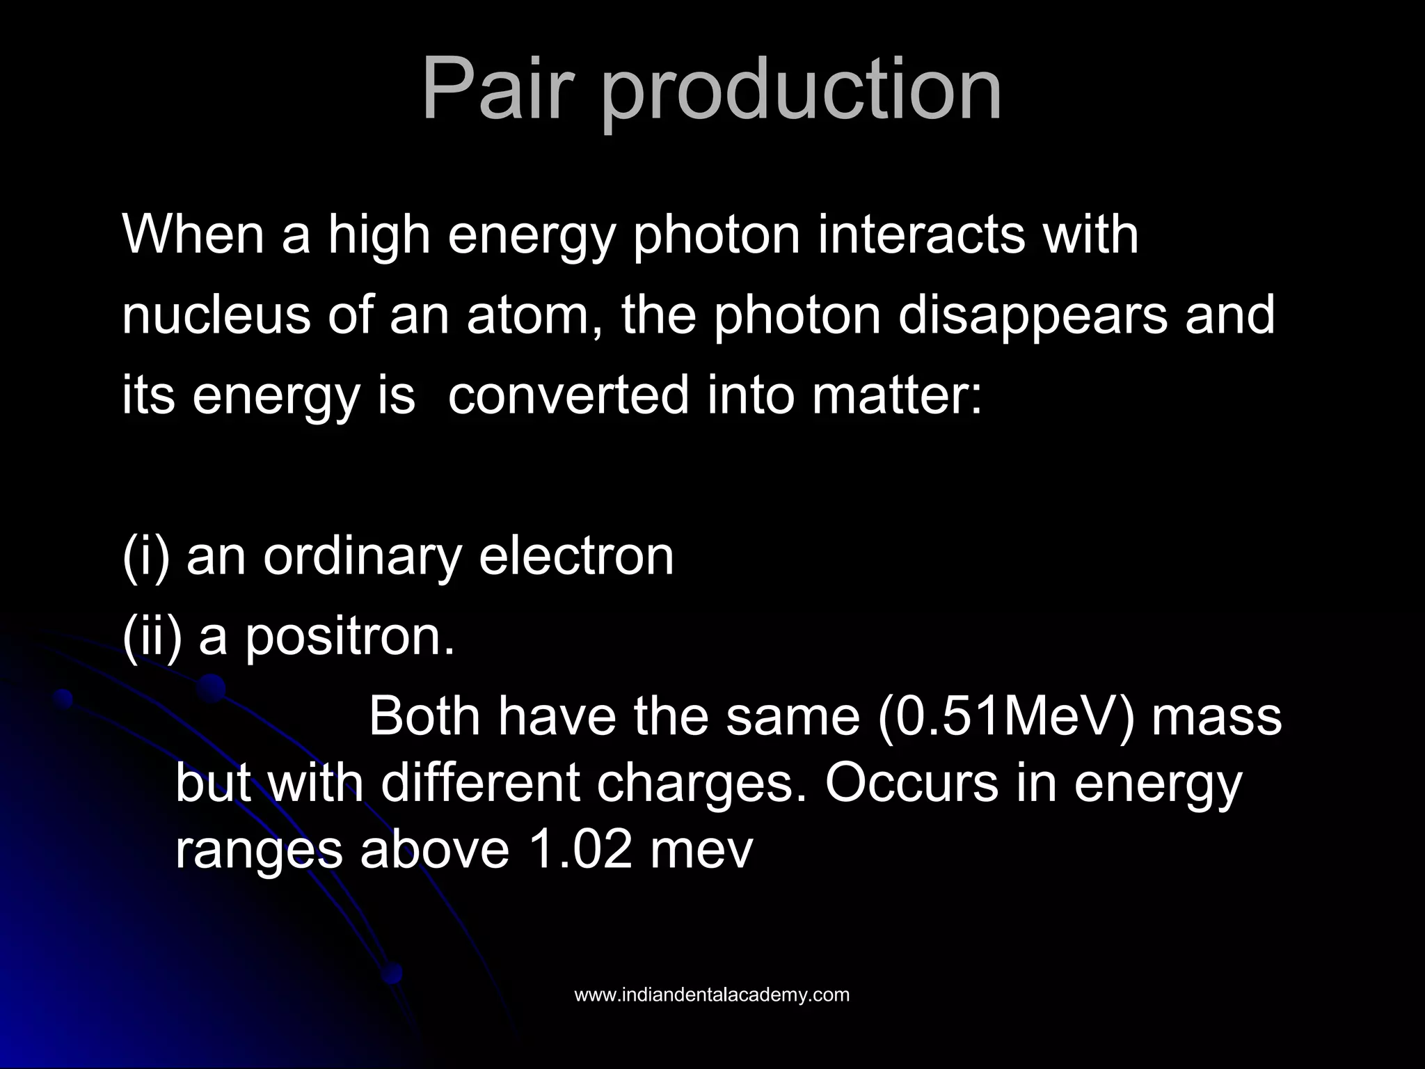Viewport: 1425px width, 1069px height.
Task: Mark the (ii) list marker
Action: coord(152,636)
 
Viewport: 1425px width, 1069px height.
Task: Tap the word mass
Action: coord(1216,718)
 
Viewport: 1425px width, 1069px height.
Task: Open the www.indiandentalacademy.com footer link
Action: coord(712,995)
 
